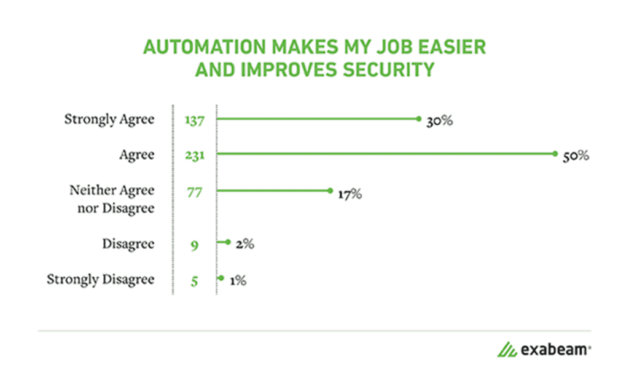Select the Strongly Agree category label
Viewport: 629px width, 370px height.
(109, 119)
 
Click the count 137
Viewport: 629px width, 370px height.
(194, 120)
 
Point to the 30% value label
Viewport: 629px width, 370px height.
(440, 121)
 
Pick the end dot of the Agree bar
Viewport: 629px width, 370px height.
(555, 154)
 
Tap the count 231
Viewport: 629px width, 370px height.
(194, 156)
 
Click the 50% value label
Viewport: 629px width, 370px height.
(576, 156)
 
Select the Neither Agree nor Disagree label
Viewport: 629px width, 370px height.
(111, 199)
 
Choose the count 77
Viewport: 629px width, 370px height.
(194, 192)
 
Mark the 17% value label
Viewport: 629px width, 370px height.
(350, 195)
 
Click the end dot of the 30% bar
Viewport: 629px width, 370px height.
(418, 119)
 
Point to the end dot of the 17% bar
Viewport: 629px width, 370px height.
(330, 191)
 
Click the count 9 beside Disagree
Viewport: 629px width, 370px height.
(194, 245)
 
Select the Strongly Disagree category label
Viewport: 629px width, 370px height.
(100, 280)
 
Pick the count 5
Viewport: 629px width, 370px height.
(194, 280)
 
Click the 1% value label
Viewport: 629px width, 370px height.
(238, 280)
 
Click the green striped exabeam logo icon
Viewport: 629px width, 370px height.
(507, 350)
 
